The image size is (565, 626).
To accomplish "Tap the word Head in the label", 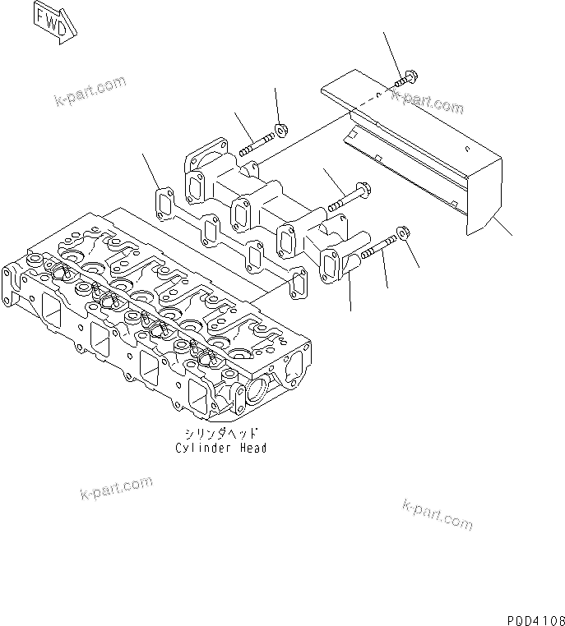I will tap(252, 448).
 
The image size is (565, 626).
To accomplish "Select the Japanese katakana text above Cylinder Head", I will tap(220, 435).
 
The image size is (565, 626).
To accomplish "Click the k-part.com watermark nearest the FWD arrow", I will tap(90, 91).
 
